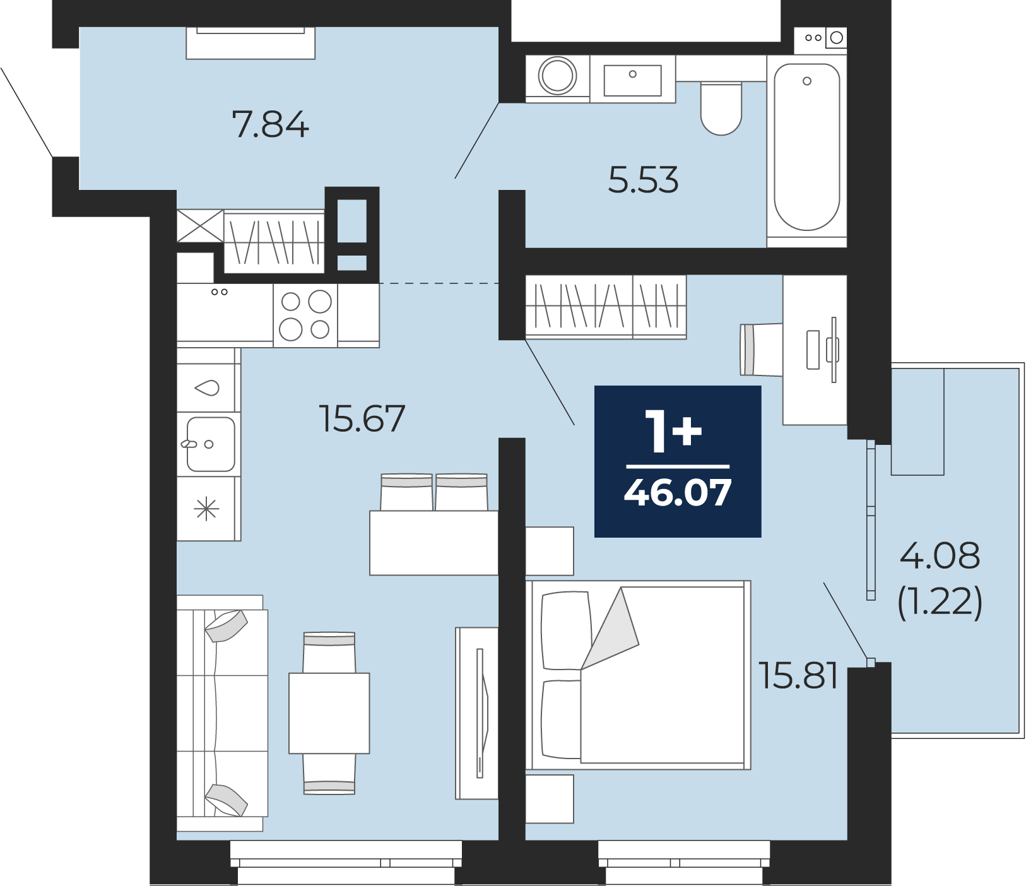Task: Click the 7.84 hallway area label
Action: [x=271, y=124]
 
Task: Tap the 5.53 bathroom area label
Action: [x=643, y=180]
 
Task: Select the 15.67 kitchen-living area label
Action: [x=362, y=418]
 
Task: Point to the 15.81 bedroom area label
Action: [x=798, y=675]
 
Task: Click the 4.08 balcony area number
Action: [x=940, y=556]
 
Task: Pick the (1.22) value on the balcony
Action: [x=940, y=601]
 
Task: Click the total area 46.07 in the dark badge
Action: [x=678, y=493]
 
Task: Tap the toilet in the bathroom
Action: [x=721, y=108]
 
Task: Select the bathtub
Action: [x=807, y=151]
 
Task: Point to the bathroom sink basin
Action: [x=633, y=80]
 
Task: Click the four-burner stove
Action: [x=305, y=315]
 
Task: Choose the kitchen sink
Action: [x=211, y=444]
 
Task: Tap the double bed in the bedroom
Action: [x=638, y=675]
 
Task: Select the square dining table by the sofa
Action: [x=329, y=713]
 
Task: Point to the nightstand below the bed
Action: [x=550, y=799]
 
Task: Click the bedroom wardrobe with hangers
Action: [x=606, y=307]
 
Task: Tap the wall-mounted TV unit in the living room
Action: [x=477, y=713]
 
